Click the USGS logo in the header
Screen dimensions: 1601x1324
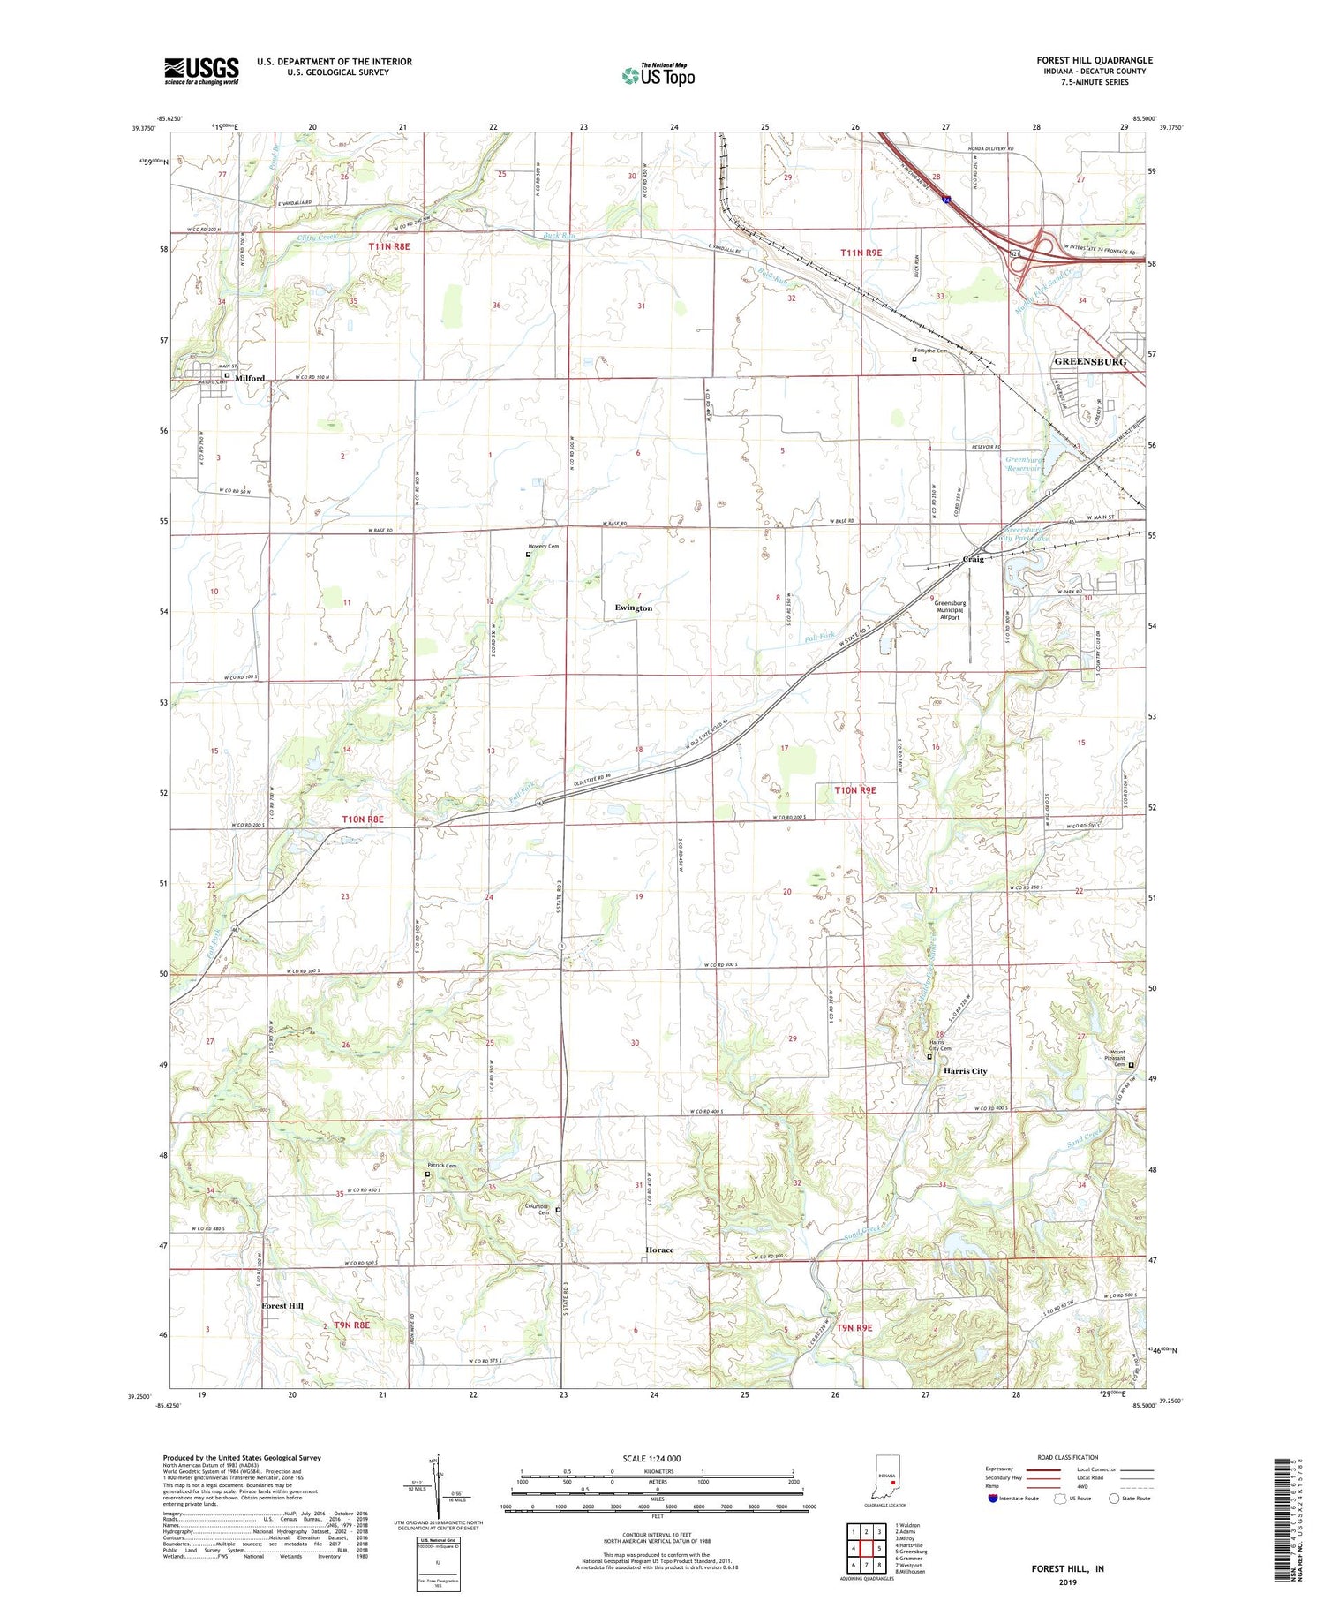(x=201, y=71)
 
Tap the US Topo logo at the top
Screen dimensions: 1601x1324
(x=658, y=75)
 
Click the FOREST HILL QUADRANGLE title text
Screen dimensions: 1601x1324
(x=1094, y=60)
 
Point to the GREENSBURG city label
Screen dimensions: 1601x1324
(x=1090, y=362)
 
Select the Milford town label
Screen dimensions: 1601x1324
(x=250, y=378)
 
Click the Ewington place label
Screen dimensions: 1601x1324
(x=634, y=608)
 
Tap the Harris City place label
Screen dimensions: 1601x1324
(x=965, y=1071)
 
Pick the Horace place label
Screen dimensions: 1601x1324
(x=659, y=1250)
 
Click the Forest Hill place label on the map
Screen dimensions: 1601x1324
(x=282, y=1305)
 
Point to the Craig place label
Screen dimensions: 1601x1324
(x=974, y=560)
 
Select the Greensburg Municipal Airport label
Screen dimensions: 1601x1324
(x=949, y=610)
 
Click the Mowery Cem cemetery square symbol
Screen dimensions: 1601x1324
(x=529, y=555)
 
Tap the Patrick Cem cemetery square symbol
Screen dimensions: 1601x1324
(x=427, y=1174)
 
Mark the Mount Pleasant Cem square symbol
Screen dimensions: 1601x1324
(x=1132, y=1065)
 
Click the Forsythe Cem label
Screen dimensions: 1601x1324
(x=929, y=351)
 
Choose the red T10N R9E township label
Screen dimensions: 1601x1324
(x=855, y=790)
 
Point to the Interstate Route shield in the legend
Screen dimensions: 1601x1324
(x=992, y=1499)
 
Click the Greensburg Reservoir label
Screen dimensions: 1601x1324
(x=1024, y=464)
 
